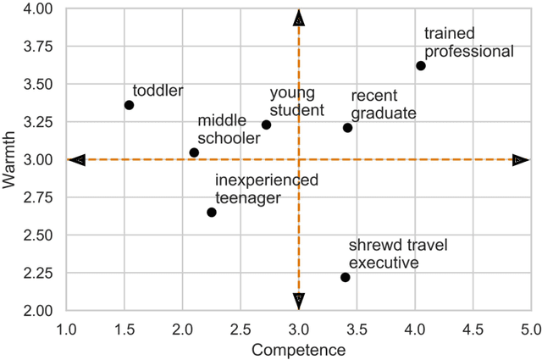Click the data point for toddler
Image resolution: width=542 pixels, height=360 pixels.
point(129,105)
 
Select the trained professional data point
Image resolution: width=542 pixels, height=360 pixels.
point(421,66)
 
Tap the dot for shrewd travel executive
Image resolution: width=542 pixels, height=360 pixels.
point(346,277)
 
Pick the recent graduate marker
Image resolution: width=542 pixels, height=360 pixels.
point(347,128)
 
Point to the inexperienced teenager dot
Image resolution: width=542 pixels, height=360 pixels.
point(212,212)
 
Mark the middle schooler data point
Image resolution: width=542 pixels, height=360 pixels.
point(194,152)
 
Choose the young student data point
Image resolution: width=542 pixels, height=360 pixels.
point(266,125)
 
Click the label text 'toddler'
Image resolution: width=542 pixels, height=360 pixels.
point(158,90)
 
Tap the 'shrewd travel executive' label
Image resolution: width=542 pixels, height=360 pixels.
point(398,253)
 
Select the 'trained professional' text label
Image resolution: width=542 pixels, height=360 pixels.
point(468,42)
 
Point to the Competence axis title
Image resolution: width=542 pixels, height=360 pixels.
point(299,348)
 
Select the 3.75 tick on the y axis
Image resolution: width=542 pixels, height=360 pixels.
point(39,47)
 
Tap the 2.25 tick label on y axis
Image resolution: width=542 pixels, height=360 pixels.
point(39,273)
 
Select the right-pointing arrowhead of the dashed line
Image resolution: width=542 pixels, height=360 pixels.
point(520,159)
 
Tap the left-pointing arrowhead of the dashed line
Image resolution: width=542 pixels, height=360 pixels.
point(77,159)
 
